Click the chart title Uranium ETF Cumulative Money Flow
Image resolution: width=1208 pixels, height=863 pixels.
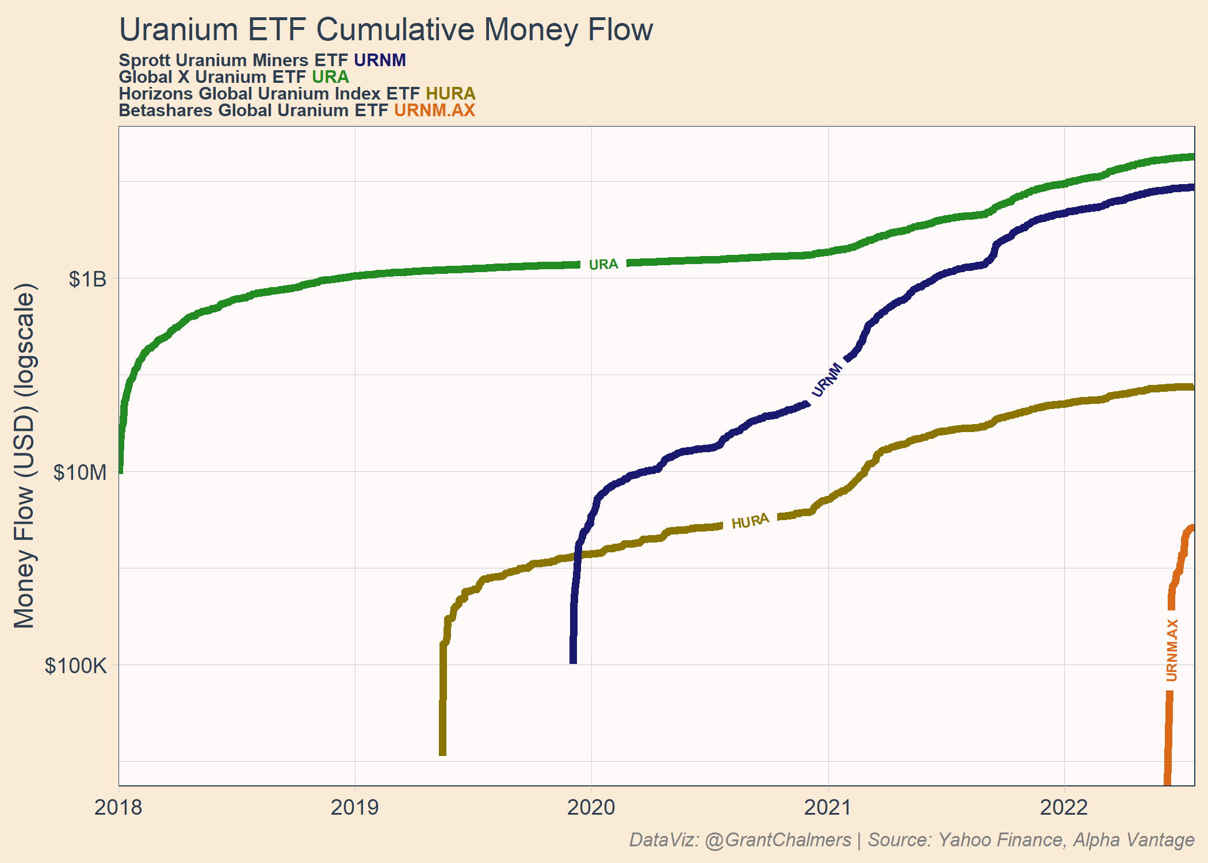click(x=386, y=30)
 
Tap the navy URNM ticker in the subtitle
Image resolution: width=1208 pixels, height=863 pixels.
click(x=380, y=60)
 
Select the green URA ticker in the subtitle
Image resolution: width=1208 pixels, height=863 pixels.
click(x=330, y=77)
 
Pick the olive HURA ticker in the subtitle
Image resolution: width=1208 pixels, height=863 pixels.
click(x=450, y=93)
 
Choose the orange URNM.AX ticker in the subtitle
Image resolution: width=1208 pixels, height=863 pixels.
click(x=434, y=110)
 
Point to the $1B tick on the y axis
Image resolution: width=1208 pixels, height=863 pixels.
click(x=88, y=279)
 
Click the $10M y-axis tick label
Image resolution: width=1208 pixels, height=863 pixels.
click(x=81, y=472)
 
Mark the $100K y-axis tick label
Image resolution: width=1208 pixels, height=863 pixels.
click(x=77, y=666)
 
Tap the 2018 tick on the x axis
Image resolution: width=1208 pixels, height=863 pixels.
click(x=118, y=807)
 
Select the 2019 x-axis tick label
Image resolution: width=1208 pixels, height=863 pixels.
click(x=355, y=807)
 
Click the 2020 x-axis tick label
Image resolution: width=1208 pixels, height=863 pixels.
click(x=591, y=807)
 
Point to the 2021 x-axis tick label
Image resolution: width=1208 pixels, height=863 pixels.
click(x=828, y=807)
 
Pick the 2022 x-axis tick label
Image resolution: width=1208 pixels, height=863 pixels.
click(x=1064, y=807)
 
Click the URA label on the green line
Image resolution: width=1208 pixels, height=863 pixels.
click(x=603, y=264)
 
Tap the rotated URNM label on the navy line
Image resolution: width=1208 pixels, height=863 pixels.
click(x=827, y=380)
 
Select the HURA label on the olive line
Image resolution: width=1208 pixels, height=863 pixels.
click(x=750, y=521)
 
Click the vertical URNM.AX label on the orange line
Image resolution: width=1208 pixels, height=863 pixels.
click(x=1172, y=650)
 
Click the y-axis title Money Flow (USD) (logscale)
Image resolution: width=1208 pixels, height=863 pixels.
click(x=25, y=456)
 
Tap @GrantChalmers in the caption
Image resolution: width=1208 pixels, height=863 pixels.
click(x=778, y=840)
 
